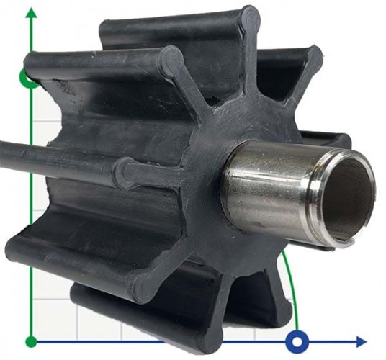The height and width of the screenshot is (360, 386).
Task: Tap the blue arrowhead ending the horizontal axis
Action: pos(359,341)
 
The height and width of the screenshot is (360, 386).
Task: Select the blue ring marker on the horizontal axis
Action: pos(297,341)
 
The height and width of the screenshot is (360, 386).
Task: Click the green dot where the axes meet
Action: pos(30,341)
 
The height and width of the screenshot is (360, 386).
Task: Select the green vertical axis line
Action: pos(30,216)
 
